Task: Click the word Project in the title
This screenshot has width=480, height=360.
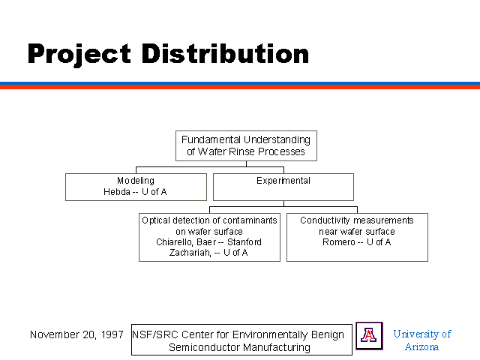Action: point(79,55)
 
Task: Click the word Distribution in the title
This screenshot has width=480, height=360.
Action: point(225,53)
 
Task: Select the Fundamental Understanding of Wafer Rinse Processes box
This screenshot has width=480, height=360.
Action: point(246,145)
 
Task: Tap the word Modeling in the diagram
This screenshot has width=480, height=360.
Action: point(136,181)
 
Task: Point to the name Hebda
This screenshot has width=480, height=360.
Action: point(117,192)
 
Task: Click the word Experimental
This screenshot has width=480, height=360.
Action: point(283,181)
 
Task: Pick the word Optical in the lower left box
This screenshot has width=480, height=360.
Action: point(156,220)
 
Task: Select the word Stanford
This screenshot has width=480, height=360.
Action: point(244,242)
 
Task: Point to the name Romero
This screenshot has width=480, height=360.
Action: point(339,242)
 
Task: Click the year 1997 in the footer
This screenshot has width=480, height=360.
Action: point(112,334)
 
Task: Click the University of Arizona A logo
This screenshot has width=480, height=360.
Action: point(369,336)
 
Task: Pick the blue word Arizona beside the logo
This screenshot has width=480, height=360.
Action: point(421,346)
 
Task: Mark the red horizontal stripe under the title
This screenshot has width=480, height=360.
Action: point(240,87)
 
